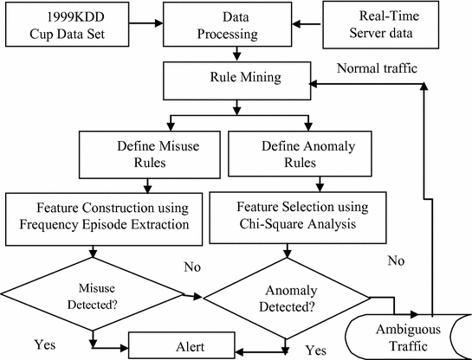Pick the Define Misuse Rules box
(151, 151)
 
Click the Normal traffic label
(376, 67)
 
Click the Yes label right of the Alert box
(316, 350)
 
